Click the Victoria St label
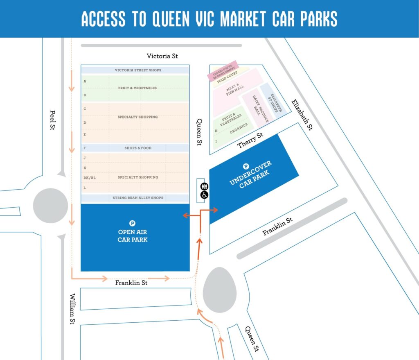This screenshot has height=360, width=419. [x=162, y=56]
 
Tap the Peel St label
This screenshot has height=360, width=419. [x=52, y=120]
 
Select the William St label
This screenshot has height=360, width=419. [x=72, y=309]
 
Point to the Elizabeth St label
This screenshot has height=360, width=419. [x=302, y=115]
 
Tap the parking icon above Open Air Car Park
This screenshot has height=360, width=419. [x=132, y=223]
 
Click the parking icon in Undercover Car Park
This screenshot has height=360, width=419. [x=246, y=166]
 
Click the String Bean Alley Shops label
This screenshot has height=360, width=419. [x=138, y=198]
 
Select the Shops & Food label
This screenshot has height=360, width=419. [x=138, y=148]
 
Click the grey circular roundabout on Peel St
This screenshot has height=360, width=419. [x=50, y=205]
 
